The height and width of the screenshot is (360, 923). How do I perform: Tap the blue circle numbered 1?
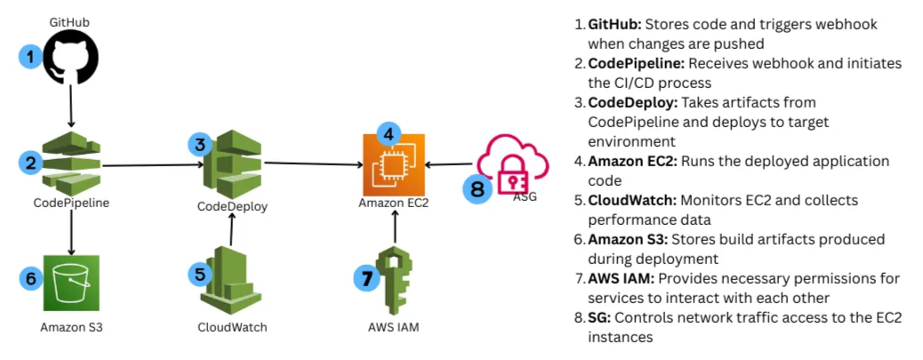pyautogui.click(x=29, y=58)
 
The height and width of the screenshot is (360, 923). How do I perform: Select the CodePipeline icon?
pyautogui.click(x=71, y=164)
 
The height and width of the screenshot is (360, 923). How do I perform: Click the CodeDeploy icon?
pyautogui.click(x=231, y=164)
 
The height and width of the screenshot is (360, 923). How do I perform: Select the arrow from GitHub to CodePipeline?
pyautogui.click(x=71, y=111)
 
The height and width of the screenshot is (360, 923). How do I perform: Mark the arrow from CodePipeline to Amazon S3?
pyautogui.click(x=71, y=233)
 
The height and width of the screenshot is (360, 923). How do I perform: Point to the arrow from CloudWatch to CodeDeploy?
pyautogui.click(x=231, y=233)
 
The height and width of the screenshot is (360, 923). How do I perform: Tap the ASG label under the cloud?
pyautogui.click(x=526, y=197)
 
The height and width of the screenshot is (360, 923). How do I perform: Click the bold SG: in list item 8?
pyautogui.click(x=598, y=318)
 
